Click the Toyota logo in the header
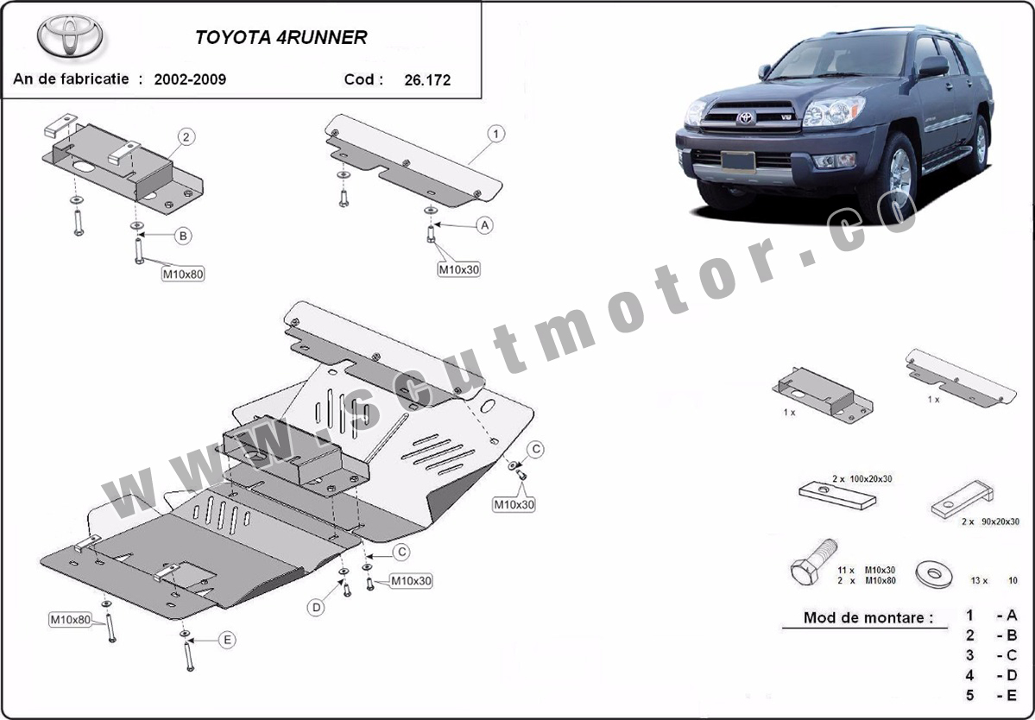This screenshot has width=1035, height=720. [x=70, y=37]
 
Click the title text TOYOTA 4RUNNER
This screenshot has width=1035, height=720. [x=281, y=38]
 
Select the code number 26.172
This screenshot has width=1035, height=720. [x=427, y=80]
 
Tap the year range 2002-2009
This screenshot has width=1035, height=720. [x=190, y=79]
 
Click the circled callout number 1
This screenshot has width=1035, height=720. [x=496, y=134]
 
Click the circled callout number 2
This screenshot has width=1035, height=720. [x=186, y=136]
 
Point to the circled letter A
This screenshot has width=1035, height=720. [x=485, y=225]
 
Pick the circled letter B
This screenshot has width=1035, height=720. [x=182, y=236]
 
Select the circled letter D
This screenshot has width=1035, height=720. [x=317, y=608]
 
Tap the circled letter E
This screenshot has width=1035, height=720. [x=227, y=640]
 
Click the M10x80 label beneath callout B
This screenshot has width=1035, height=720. [x=183, y=275]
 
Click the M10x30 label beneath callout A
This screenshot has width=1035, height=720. [x=458, y=269]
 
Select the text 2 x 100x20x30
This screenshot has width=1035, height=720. [x=862, y=478]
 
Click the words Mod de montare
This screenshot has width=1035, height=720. [x=868, y=617]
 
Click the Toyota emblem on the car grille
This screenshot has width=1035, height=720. [x=745, y=118]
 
